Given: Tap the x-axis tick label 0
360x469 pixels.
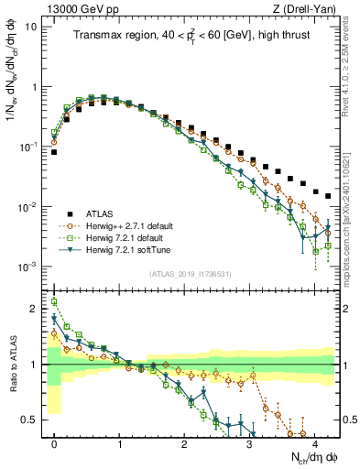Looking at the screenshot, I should point(54,443).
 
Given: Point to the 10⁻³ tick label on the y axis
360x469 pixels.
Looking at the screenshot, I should point(28,267).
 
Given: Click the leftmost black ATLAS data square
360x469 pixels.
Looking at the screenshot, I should point(54,152).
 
